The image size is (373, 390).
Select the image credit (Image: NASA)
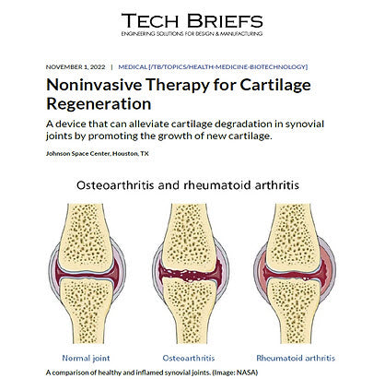click(230, 372)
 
